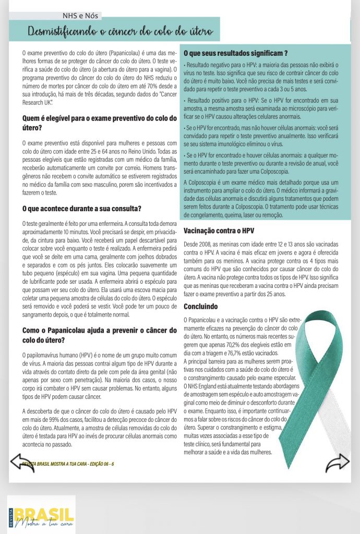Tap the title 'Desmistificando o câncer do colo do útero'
pyautogui.click(x=121, y=32)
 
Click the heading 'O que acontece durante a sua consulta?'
pyautogui.click(x=82, y=209)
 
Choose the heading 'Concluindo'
pyautogui.click(x=201, y=306)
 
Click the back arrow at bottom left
pyautogui.click(x=22, y=462)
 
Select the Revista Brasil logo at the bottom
pyautogui.click(x=41, y=514)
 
